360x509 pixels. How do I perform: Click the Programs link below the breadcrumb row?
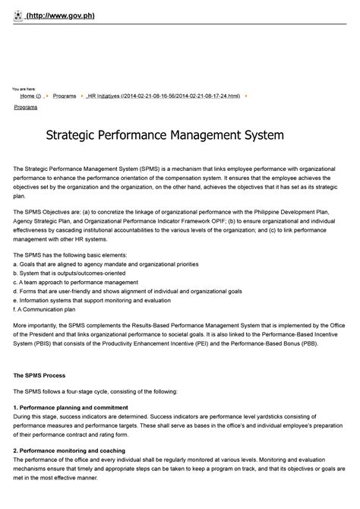pyautogui.click(x=27, y=108)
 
